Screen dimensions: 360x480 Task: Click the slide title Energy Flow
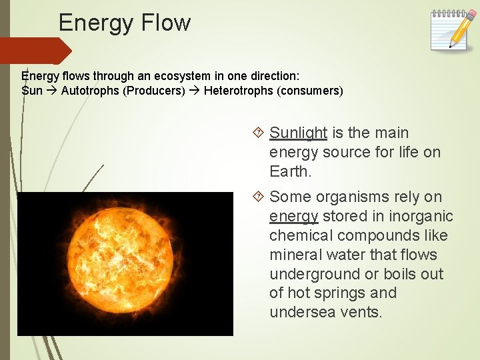(125, 23)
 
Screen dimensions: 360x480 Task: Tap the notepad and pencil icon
(449, 29)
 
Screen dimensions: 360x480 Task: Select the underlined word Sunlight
(298, 133)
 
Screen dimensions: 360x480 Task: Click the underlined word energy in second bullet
(293, 217)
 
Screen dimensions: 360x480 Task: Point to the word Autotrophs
(90, 91)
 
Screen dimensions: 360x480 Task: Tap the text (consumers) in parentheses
(310, 91)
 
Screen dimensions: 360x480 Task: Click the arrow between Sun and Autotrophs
(52, 91)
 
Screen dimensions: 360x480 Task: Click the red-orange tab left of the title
(33, 51)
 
